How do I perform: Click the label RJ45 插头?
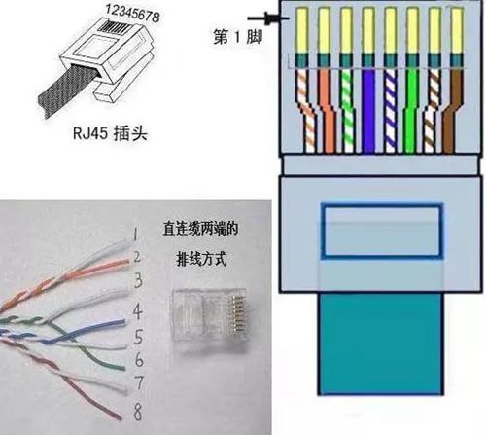tap(110, 133)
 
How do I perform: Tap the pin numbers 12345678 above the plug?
tap(132, 13)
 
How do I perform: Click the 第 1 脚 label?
tap(237, 37)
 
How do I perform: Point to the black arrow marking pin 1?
tap(267, 18)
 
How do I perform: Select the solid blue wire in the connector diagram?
tap(368, 111)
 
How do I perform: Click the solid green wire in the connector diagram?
tap(411, 111)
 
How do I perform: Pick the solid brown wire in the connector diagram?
tap(453, 111)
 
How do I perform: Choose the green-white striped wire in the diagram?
tap(347, 111)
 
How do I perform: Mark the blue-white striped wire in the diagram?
tap(390, 111)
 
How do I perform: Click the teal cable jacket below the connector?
tap(380, 344)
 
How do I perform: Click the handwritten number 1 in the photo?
tap(135, 234)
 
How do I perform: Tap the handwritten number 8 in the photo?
tap(138, 412)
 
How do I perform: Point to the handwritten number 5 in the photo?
tap(138, 337)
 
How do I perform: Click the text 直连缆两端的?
tap(200, 229)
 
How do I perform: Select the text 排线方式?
tap(201, 259)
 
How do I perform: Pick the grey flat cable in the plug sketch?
tap(66, 89)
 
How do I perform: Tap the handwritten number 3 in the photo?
tap(138, 280)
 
